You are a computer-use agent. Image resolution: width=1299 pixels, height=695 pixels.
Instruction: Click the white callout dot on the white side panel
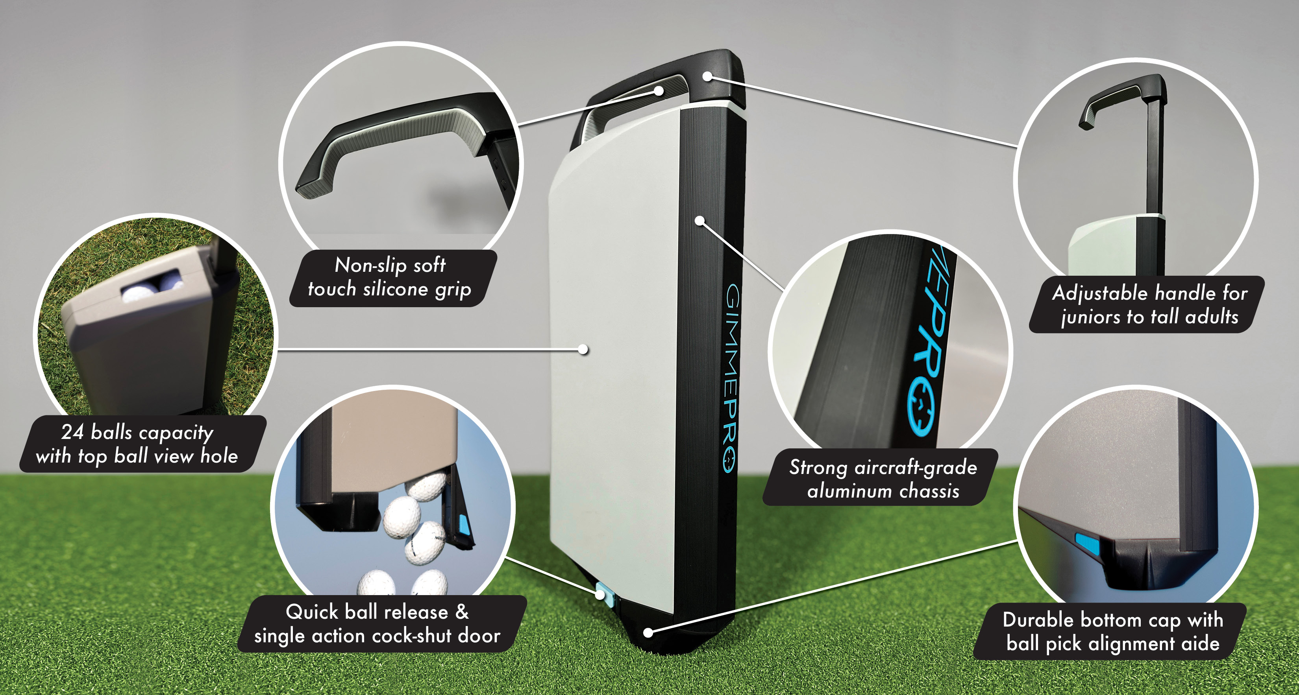point(583,349)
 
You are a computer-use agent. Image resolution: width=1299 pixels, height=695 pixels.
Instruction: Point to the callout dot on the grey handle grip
point(659,91)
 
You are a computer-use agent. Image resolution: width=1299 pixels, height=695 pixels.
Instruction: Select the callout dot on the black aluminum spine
point(700,220)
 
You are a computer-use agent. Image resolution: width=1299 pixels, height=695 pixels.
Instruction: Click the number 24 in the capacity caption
point(72,432)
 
